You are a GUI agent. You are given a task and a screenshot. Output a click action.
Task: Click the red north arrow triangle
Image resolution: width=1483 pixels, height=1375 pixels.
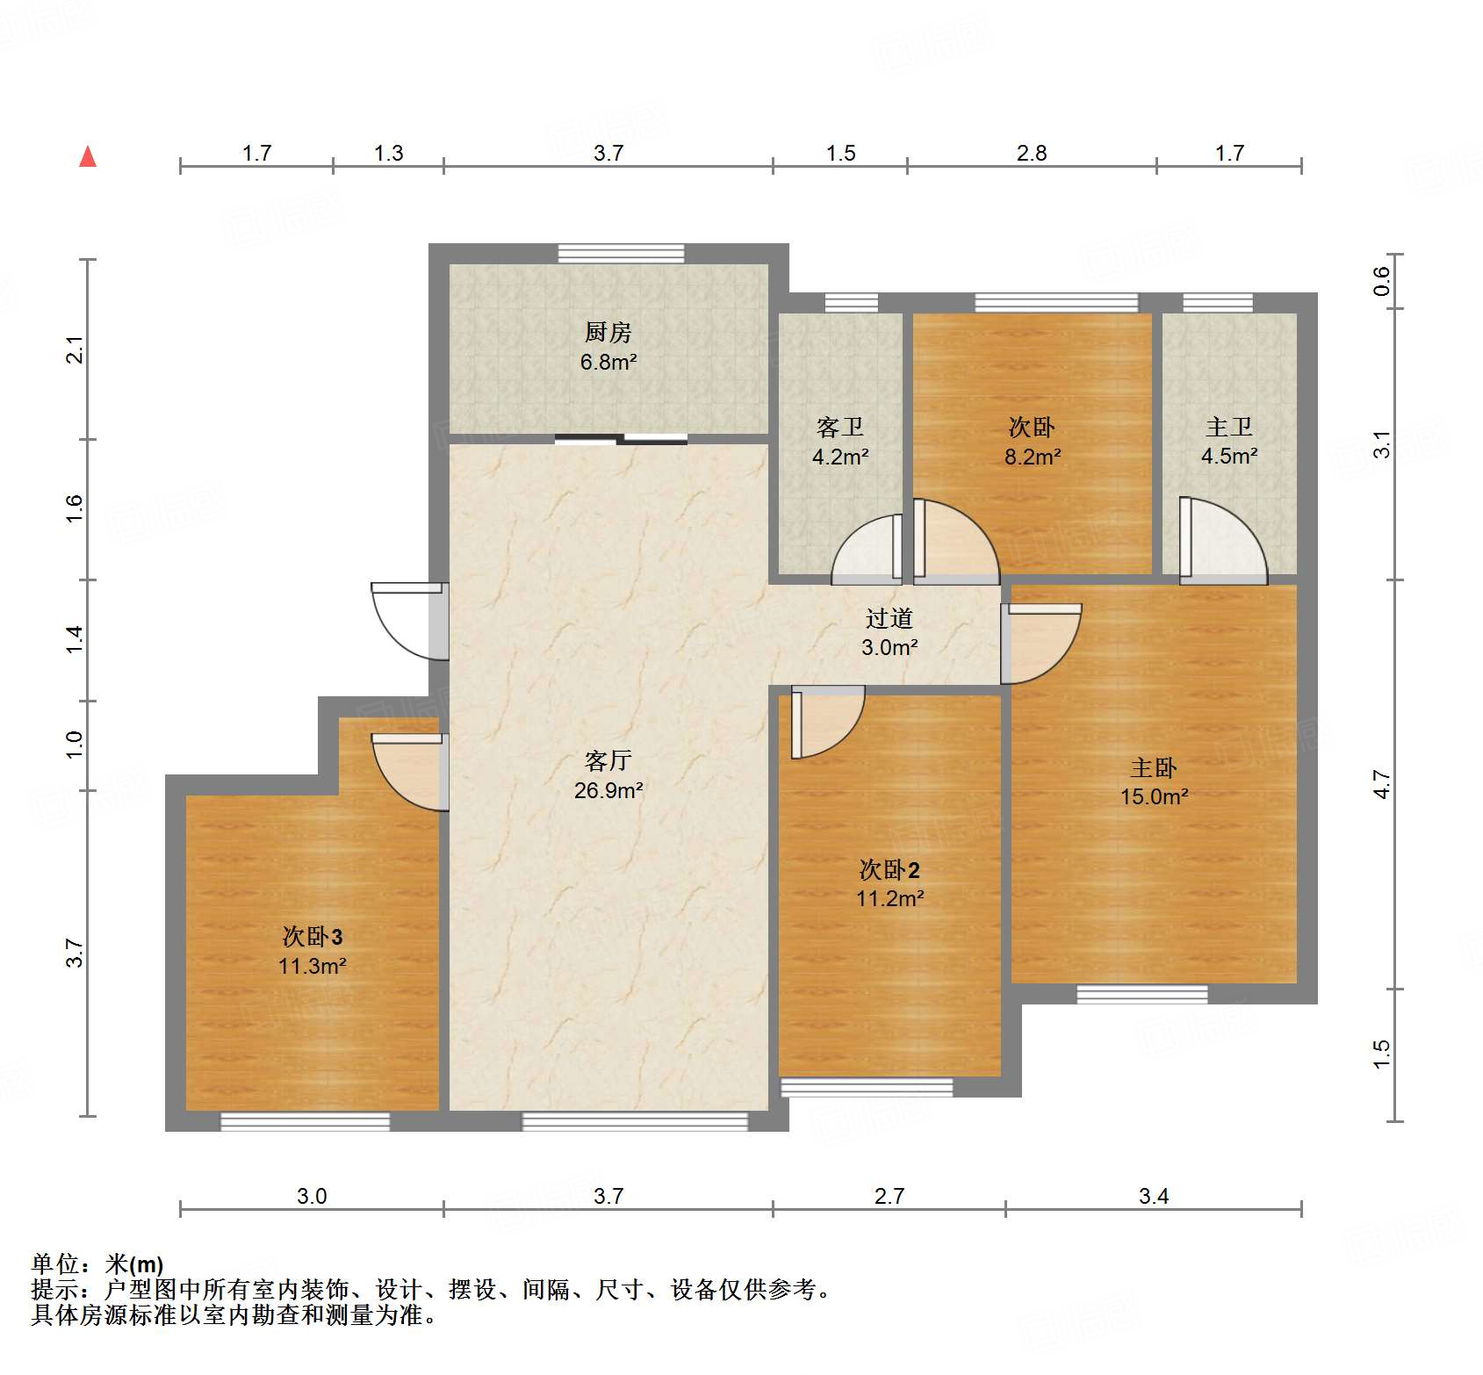(x=88, y=156)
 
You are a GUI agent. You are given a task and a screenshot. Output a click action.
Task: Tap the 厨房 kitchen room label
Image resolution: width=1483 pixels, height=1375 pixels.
(x=608, y=333)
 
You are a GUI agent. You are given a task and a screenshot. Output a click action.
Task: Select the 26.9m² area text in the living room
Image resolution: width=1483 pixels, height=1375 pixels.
(x=608, y=790)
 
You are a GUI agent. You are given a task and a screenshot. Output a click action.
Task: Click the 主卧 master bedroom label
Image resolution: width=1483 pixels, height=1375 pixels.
(x=1153, y=768)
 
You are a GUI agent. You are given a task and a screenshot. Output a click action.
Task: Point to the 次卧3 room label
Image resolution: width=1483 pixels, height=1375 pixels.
(x=313, y=937)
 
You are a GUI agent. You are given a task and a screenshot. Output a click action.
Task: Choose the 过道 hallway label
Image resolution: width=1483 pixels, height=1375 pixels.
(x=889, y=618)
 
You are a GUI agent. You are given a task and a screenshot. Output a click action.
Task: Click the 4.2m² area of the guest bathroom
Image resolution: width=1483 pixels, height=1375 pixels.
(x=840, y=457)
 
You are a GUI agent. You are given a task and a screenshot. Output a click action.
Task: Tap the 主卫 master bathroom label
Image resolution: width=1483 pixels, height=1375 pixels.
(x=1228, y=428)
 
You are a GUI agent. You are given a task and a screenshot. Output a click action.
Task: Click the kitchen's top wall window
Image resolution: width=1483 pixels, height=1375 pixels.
(x=622, y=253)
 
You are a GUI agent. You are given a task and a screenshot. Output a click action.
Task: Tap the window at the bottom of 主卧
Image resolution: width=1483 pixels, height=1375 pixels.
(x=1142, y=994)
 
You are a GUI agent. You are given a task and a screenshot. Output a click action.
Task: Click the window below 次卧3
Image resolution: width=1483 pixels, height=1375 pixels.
(x=305, y=1121)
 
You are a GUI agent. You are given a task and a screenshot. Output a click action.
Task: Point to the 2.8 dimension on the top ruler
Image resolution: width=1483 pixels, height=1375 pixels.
(x=1032, y=154)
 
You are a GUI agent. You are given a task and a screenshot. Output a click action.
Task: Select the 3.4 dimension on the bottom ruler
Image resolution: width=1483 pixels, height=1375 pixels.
(x=1154, y=1196)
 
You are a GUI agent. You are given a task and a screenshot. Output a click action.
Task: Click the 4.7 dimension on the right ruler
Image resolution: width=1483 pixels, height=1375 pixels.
(x=1382, y=784)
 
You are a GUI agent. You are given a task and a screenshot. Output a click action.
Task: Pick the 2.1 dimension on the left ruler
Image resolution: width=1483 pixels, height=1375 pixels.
(x=76, y=349)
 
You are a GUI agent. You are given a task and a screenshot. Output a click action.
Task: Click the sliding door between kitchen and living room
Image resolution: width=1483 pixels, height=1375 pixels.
(x=622, y=439)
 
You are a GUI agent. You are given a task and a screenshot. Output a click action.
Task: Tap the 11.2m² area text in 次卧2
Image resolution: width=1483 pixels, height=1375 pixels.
(x=889, y=898)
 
